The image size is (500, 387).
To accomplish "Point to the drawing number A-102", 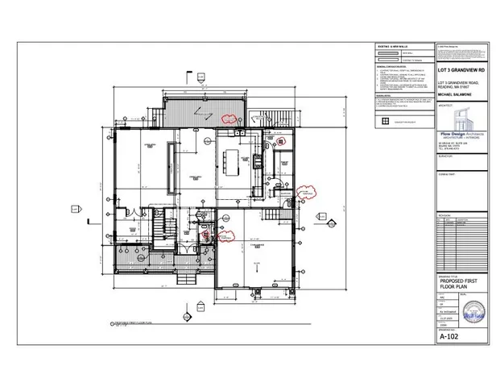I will (448, 339).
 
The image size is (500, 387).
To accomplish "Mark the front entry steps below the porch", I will (190, 280).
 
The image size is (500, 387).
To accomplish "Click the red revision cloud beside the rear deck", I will (233, 117).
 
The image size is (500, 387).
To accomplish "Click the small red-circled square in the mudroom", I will (282, 140).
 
